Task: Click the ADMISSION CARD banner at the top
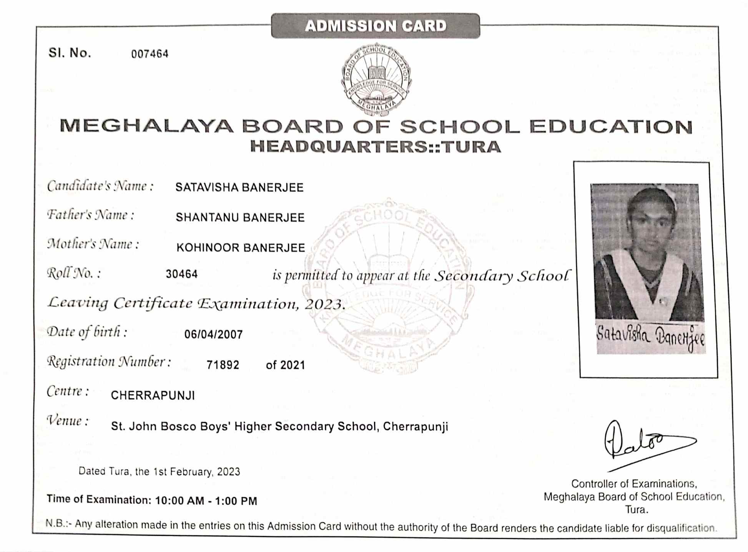[x=376, y=26]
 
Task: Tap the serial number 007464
[x=150, y=54]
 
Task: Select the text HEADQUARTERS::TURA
[x=376, y=147]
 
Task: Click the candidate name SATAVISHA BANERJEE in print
[x=239, y=188]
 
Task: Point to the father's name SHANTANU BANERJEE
[x=240, y=218]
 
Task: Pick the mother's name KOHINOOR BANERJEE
[x=241, y=248]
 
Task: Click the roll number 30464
[x=182, y=274]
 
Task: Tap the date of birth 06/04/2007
[x=213, y=335]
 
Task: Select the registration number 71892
[x=223, y=365]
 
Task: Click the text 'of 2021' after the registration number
[x=285, y=365]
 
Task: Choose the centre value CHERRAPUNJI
[x=153, y=395]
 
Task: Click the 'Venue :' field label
[x=68, y=421]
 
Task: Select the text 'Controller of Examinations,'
[x=634, y=484]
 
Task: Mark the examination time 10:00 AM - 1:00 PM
[x=206, y=501]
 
